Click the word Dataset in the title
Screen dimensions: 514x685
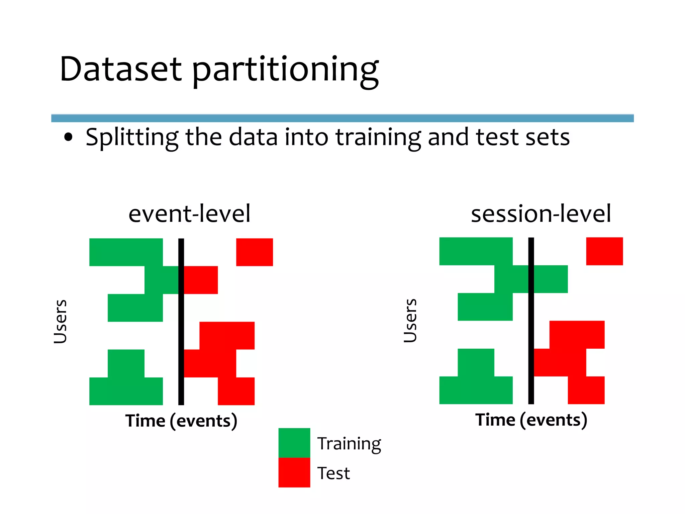pyautogui.click(x=120, y=69)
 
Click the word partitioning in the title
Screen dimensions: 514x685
pyautogui.click(x=286, y=70)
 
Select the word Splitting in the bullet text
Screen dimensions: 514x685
pyautogui.click(x=132, y=137)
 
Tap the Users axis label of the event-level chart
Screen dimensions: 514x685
pyautogui.click(x=61, y=321)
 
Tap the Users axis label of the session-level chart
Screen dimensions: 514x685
pyautogui.click(x=410, y=320)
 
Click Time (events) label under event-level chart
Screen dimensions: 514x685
pyautogui.click(x=181, y=421)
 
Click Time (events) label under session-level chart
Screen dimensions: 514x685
pyautogui.click(x=531, y=420)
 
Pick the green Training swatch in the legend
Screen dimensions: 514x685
pyautogui.click(x=294, y=442)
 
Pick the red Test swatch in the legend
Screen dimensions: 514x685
pyautogui.click(x=294, y=472)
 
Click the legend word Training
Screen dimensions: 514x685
pyautogui.click(x=349, y=444)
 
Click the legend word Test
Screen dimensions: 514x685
pyautogui.click(x=333, y=473)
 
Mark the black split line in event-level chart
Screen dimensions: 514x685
pyautogui.click(x=181, y=321)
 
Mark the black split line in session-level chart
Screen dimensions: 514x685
pyautogui.click(x=531, y=320)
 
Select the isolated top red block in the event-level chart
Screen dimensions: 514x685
pyautogui.click(x=254, y=252)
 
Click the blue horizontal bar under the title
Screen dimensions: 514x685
pyautogui.click(x=342, y=118)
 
